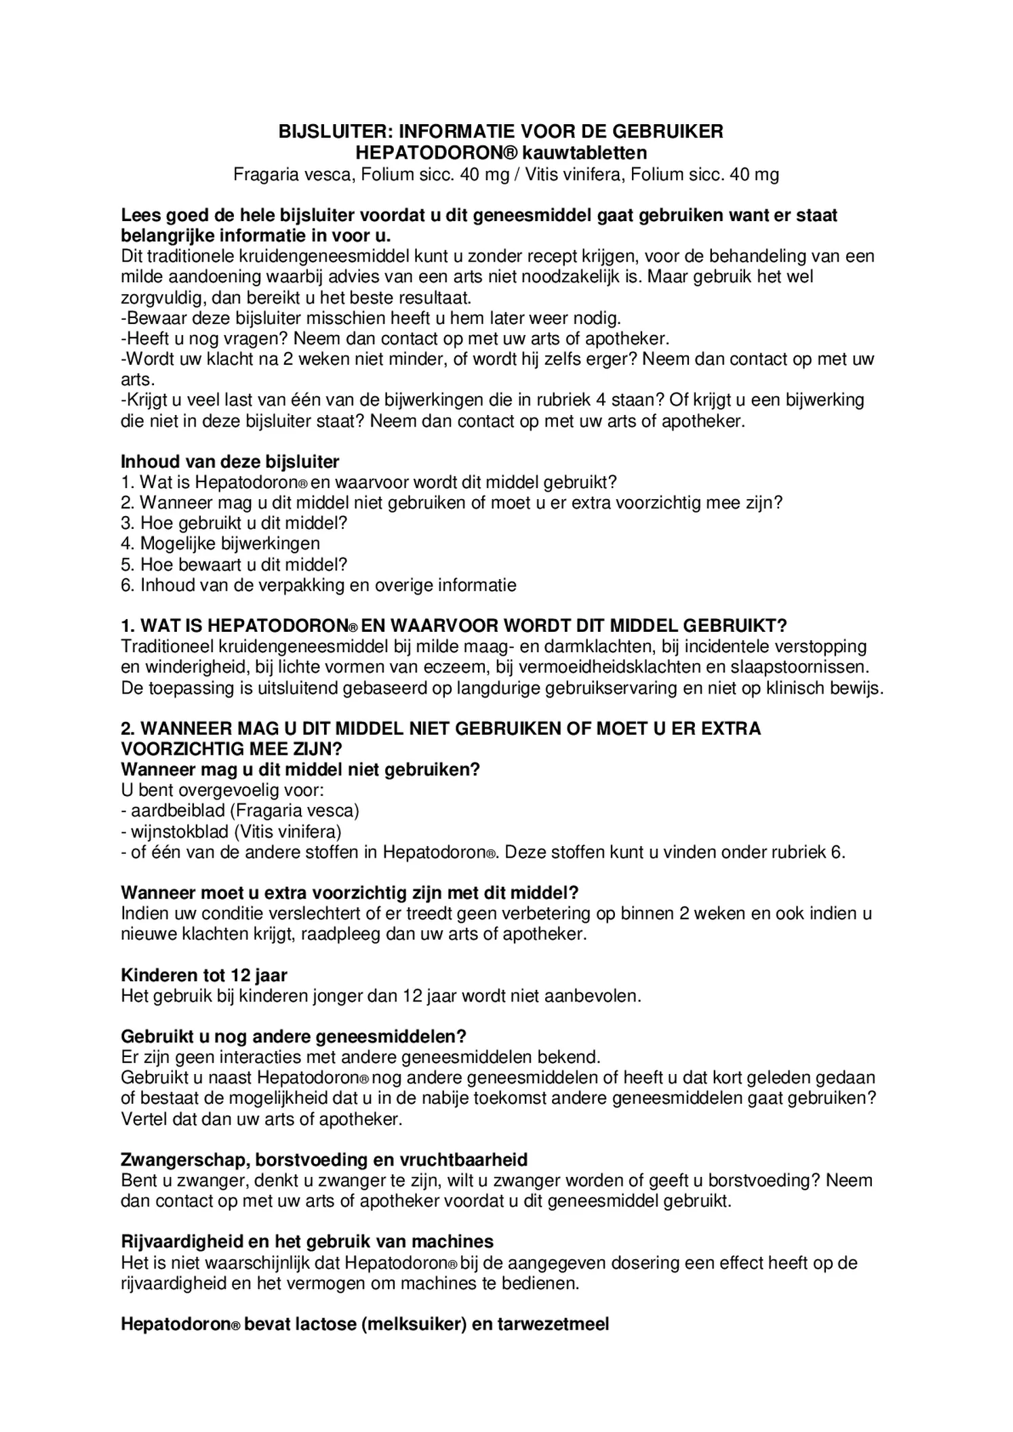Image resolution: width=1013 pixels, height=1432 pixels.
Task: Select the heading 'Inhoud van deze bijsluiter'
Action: point(230,462)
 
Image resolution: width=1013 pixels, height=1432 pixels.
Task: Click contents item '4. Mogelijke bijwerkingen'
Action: point(220,543)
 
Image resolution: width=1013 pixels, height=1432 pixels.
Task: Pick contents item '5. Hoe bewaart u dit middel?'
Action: point(234,564)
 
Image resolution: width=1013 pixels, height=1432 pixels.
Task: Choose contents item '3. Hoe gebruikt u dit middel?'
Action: point(234,523)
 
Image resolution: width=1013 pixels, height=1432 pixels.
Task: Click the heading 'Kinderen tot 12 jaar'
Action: point(204,975)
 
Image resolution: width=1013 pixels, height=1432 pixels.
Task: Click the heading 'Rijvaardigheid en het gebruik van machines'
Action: point(307,1241)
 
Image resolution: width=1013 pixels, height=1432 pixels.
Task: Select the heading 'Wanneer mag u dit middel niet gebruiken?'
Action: point(300,770)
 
